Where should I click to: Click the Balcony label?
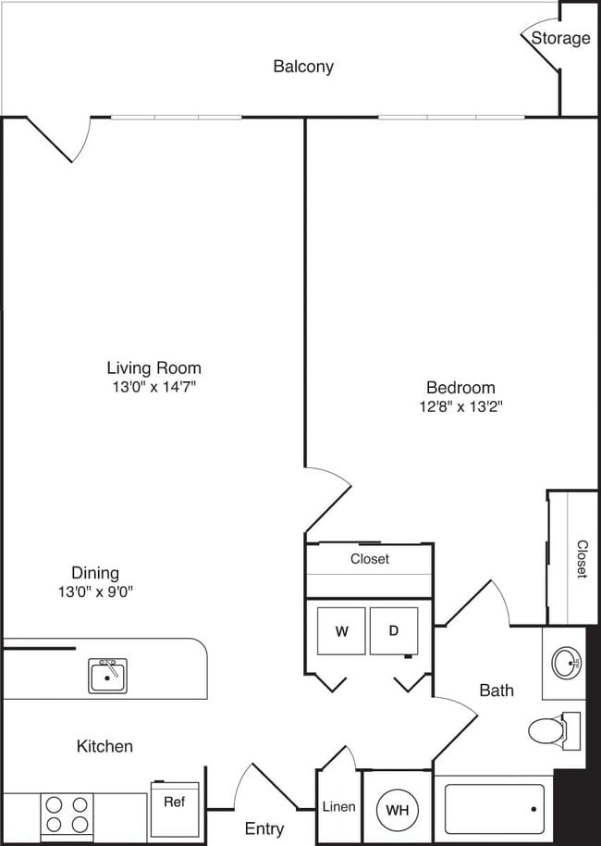tap(303, 67)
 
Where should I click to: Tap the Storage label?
tap(560, 38)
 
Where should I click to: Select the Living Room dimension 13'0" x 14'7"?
tap(153, 387)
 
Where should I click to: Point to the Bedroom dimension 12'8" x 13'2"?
tap(460, 406)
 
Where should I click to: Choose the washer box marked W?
tap(341, 631)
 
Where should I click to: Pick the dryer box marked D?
tap(393, 631)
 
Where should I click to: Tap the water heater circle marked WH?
tap(397, 810)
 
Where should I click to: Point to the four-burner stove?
tap(67, 815)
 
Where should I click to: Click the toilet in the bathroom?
tap(551, 729)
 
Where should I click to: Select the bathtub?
tap(495, 810)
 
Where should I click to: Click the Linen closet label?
tap(338, 807)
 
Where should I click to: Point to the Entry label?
tap(264, 829)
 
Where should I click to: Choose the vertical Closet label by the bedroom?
tap(582, 559)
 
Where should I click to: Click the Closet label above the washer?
tap(369, 559)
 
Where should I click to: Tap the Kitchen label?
tap(104, 746)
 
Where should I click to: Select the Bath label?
tap(496, 690)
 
